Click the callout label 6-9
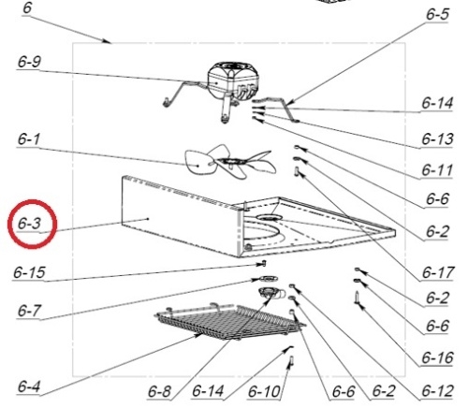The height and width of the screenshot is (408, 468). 29,62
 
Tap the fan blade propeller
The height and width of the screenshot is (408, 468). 230,162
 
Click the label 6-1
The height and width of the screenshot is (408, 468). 29,139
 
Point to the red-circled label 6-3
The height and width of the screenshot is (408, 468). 29,224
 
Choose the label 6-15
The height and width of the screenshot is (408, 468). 29,272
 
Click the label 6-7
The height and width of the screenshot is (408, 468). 29,311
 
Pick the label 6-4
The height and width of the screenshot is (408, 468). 29,386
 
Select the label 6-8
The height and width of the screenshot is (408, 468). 159,391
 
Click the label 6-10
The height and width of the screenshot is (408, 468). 264,391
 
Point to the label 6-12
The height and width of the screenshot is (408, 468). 437,391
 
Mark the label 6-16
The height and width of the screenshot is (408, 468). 437,357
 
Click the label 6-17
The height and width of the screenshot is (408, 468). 438,272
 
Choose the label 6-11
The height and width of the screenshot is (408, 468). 437,170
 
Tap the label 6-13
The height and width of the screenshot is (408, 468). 437,138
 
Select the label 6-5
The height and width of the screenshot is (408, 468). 438,14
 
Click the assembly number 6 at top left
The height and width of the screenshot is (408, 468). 27,7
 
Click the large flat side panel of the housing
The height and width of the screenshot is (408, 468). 181,216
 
